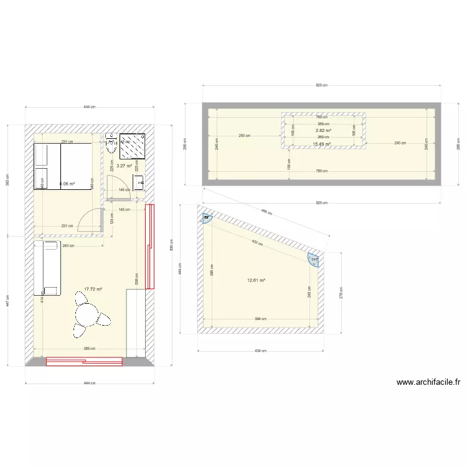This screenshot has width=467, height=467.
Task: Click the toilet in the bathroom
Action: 111,143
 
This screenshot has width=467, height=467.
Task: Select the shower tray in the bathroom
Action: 133,146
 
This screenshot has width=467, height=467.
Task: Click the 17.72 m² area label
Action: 92,289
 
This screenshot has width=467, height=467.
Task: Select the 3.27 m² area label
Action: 125,166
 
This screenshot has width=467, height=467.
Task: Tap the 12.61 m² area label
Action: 256,280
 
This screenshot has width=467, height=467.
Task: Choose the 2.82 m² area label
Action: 323,131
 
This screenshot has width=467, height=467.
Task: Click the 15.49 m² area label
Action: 321,144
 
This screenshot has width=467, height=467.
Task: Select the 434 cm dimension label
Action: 261,350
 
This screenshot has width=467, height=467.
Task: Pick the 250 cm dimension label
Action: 245,136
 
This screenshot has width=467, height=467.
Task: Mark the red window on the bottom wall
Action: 84,361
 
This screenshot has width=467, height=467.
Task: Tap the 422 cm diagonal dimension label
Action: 256,242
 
